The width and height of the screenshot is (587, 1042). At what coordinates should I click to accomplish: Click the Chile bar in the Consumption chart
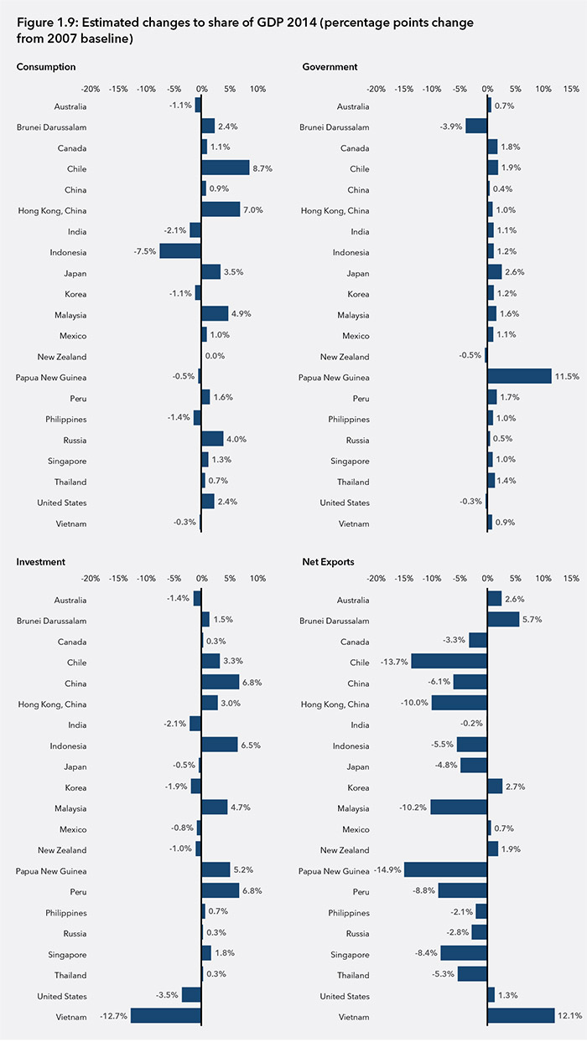226,168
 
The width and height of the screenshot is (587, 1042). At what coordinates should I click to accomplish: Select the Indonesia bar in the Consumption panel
180,251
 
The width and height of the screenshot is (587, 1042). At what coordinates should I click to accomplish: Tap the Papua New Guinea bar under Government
519,376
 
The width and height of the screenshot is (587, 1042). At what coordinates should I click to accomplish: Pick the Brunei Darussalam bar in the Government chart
476,126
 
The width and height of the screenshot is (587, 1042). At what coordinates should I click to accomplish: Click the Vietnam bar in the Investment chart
166,1015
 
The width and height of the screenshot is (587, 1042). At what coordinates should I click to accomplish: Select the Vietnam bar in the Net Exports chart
521,1015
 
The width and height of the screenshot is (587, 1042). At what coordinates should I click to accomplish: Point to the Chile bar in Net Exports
449,662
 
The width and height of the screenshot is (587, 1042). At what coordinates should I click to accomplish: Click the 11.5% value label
567,377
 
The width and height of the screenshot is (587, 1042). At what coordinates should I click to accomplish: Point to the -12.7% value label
115,1016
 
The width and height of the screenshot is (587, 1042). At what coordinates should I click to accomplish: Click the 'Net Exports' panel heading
328,561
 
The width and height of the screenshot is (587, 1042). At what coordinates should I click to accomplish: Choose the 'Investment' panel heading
41,561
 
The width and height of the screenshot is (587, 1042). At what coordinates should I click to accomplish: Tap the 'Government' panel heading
330,67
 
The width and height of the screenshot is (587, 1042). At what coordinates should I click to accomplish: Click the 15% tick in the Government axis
571,88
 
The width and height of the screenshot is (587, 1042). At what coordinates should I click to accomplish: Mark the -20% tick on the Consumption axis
90,88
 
